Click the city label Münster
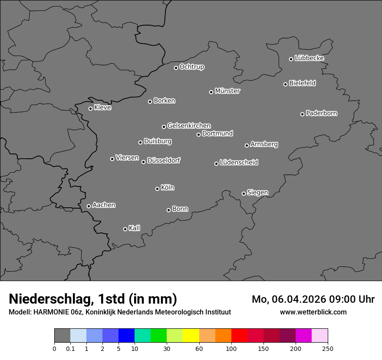click(227, 91)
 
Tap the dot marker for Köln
click(157, 189)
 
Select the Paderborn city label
click(322, 113)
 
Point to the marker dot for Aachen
click(89, 206)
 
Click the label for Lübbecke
click(310, 58)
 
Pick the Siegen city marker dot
click(244, 193)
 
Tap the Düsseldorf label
click(164, 160)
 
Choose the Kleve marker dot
click(90, 108)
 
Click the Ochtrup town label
click(192, 67)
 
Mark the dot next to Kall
click(125, 229)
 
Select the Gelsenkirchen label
click(189, 126)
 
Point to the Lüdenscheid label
click(239, 163)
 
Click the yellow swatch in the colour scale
click(191, 336)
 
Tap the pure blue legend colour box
click(126, 336)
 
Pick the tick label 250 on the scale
click(328, 348)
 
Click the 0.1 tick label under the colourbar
click(70, 348)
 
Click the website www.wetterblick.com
click(313, 312)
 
